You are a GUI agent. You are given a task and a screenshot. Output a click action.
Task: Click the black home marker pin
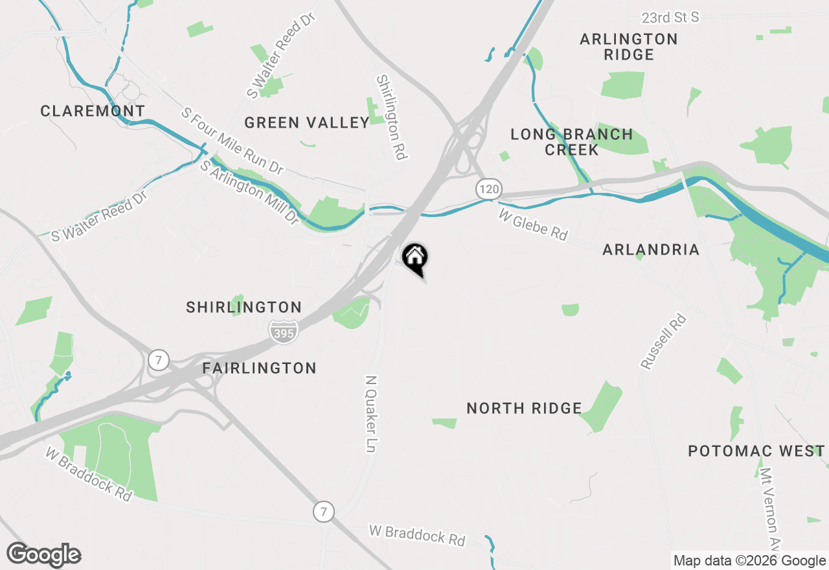(x=415, y=259)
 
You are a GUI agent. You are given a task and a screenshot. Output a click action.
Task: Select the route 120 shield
(x=489, y=189)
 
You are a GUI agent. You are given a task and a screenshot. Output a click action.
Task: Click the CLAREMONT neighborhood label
(x=93, y=111)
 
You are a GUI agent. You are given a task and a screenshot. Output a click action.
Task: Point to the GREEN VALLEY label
(x=307, y=122)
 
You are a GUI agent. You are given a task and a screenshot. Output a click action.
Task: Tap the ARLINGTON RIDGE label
(x=628, y=47)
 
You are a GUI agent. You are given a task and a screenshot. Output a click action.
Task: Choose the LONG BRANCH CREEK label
(x=571, y=142)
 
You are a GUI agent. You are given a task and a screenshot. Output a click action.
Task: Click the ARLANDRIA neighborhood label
(x=651, y=249)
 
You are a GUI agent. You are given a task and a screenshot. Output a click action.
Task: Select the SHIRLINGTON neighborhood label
(x=244, y=307)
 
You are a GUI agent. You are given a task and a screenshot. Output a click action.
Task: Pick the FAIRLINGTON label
(x=259, y=368)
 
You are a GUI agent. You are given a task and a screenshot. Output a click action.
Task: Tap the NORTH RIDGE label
(x=524, y=408)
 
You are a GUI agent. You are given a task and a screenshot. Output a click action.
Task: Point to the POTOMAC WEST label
(x=756, y=451)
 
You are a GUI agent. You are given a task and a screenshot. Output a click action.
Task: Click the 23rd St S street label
(x=670, y=17)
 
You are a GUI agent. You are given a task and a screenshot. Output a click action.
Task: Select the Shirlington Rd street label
(x=391, y=117)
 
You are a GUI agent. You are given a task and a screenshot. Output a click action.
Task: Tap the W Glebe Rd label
(x=533, y=224)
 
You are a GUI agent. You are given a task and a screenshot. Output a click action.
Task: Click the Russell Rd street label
(x=663, y=341)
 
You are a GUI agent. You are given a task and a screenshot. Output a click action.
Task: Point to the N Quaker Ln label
(x=370, y=414)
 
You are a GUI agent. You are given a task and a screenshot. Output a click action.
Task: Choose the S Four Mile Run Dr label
(x=232, y=141)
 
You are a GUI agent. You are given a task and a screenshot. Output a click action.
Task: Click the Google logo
(x=43, y=554)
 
